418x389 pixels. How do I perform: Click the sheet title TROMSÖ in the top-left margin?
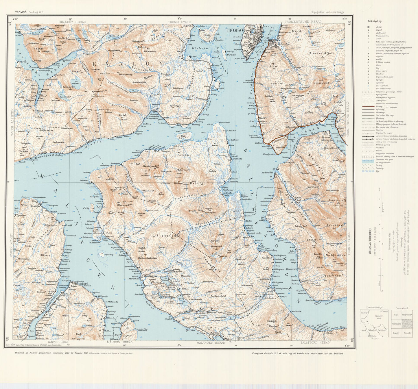pos(21,12)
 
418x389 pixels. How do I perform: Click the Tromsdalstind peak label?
pos(321,83)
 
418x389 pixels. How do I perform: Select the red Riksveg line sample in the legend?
pos(367,107)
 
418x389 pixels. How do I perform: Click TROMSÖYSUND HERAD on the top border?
pos(303,22)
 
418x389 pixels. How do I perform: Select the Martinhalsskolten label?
pos(147,258)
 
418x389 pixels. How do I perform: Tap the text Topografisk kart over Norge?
pos(327,12)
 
